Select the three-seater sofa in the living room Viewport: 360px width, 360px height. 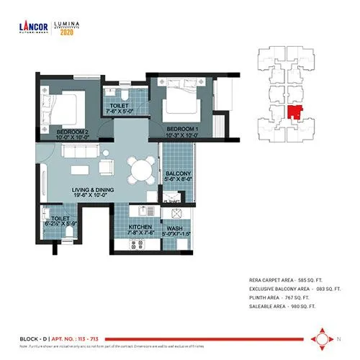click(x=80, y=152)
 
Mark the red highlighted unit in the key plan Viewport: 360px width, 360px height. click(x=293, y=112)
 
